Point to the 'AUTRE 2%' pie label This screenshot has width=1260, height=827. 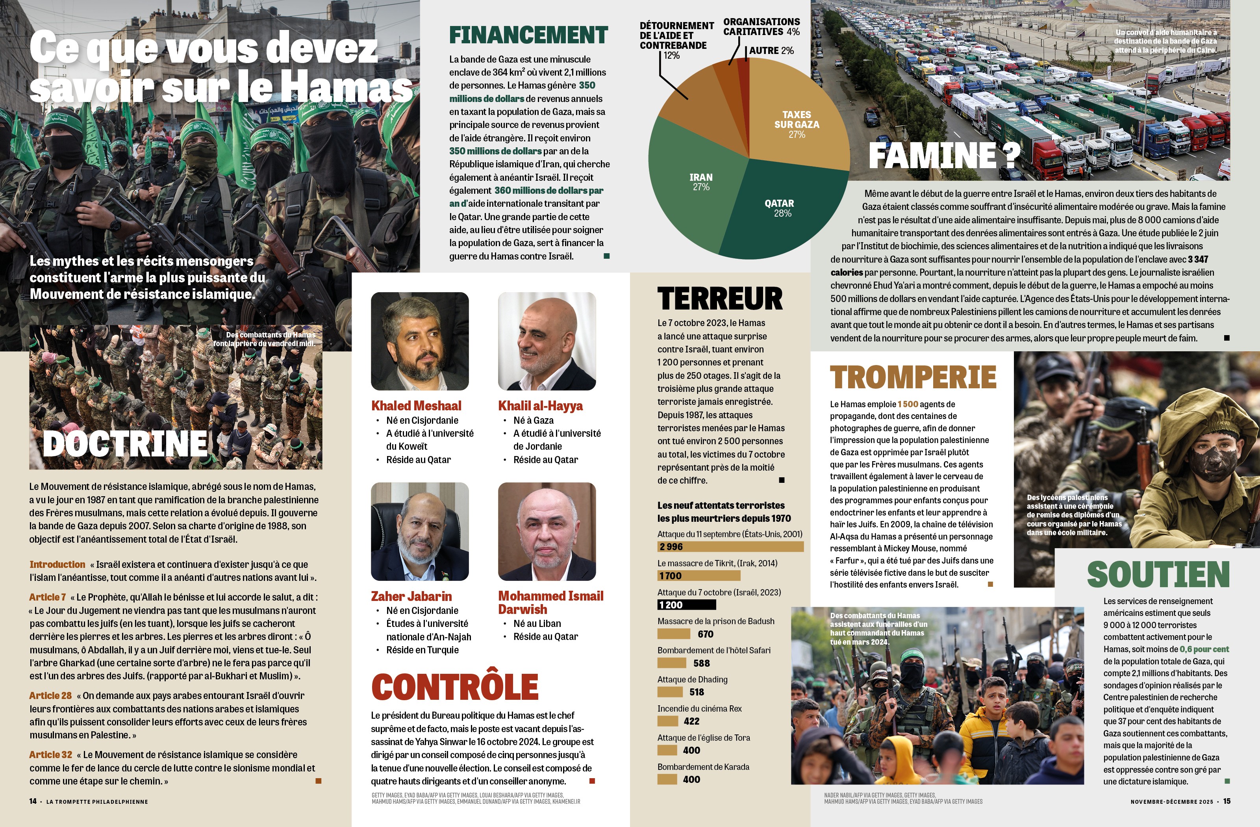[x=771, y=51]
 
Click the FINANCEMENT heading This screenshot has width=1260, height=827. [x=528, y=35]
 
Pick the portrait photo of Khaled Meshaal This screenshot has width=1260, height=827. [x=420, y=341]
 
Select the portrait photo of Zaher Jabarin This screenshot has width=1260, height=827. [x=420, y=532]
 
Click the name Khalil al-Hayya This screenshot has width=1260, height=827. [x=540, y=406]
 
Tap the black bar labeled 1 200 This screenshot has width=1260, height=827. [x=686, y=604]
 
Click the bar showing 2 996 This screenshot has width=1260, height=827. [x=730, y=546]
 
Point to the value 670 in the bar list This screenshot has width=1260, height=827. [x=705, y=634]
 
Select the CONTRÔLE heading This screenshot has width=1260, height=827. [x=455, y=687]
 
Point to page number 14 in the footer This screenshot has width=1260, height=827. [x=33, y=801]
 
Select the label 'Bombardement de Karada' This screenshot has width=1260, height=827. [x=703, y=767]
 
